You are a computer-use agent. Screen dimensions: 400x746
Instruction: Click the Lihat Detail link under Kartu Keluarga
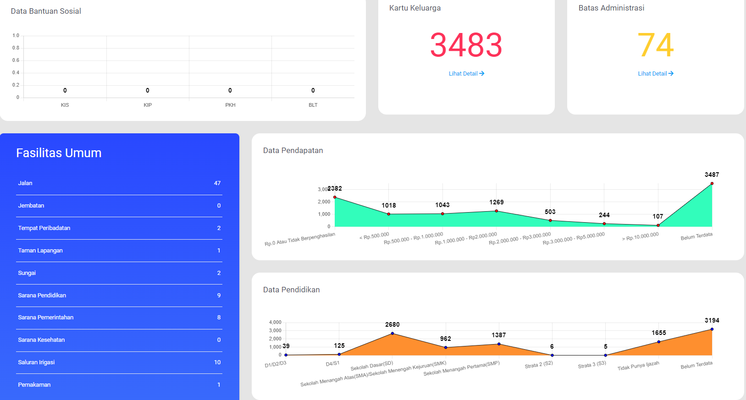(x=466, y=74)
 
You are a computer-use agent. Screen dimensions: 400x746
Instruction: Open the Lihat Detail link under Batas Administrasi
(x=656, y=74)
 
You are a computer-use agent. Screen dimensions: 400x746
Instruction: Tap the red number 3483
(x=466, y=45)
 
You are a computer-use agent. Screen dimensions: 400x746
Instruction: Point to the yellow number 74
(x=656, y=45)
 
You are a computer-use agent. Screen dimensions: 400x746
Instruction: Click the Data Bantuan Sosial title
(x=46, y=11)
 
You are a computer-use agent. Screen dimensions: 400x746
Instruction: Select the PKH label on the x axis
(x=230, y=105)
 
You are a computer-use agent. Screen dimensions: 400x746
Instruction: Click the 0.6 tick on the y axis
(x=16, y=60)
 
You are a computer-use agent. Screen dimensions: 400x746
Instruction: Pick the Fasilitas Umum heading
(x=59, y=153)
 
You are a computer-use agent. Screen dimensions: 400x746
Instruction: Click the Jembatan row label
(x=31, y=206)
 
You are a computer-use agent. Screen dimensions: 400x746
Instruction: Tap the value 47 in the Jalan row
(x=217, y=183)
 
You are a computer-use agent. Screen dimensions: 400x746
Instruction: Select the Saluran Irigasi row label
(x=36, y=362)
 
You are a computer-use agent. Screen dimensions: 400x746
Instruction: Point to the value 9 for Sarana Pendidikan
(x=219, y=296)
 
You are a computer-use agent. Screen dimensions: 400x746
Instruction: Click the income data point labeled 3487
(x=712, y=183)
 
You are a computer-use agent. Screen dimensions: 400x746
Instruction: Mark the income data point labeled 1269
(x=496, y=211)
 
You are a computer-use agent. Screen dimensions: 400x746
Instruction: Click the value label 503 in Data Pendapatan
(x=550, y=212)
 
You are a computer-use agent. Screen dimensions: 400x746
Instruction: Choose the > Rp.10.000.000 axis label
(x=640, y=236)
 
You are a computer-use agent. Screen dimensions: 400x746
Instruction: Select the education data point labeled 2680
(x=392, y=334)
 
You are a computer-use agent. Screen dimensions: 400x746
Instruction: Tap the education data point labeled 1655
(x=659, y=342)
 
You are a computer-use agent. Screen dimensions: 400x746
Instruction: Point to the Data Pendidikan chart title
(x=291, y=290)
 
